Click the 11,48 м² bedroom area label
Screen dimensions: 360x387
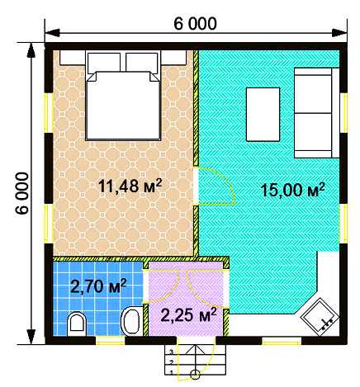(130, 186)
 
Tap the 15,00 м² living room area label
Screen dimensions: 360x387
(292, 190)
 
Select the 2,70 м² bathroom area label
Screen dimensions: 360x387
(98, 286)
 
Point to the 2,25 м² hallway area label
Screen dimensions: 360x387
(188, 314)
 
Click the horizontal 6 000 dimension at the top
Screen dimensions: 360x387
(195, 24)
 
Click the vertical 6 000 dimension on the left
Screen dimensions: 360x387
(22, 193)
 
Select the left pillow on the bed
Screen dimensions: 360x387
(104, 63)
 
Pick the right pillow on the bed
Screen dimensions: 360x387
(142, 63)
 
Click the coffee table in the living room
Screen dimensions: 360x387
(263, 114)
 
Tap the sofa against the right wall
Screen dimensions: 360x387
(316, 113)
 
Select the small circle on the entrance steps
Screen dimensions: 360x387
(195, 375)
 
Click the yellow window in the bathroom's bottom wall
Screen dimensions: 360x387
(110, 341)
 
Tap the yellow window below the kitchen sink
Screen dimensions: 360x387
(282, 341)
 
